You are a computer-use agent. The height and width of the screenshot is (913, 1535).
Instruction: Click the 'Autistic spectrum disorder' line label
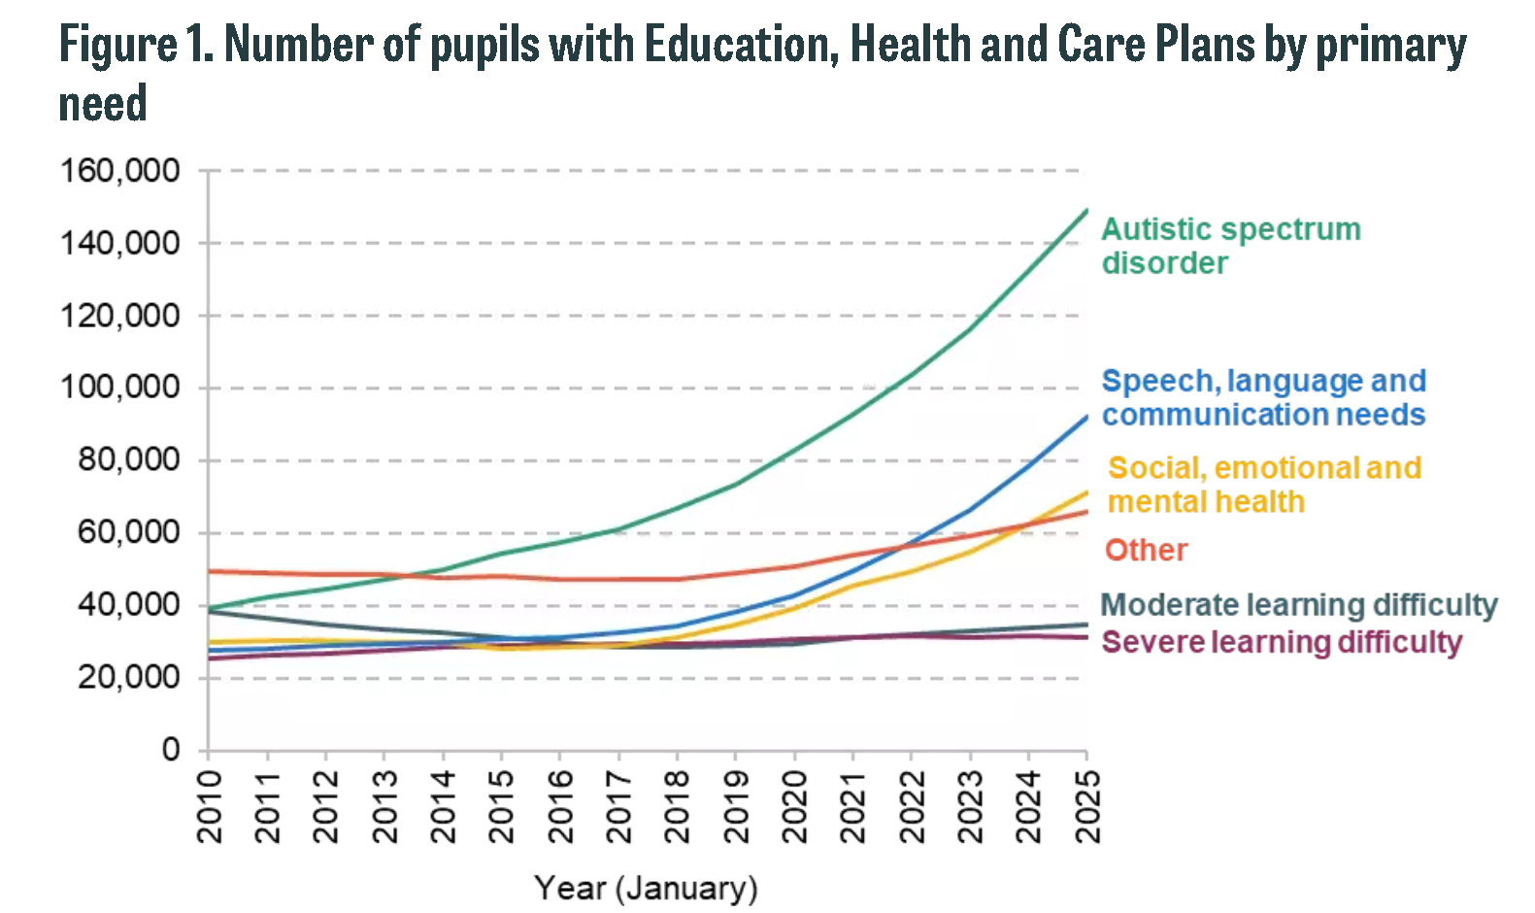point(1230,246)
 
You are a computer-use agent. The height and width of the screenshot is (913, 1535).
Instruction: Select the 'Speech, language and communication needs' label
point(1263,397)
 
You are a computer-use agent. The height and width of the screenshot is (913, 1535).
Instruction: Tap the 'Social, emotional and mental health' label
point(1264,485)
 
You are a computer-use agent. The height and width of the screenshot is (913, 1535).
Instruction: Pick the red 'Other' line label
point(1146,551)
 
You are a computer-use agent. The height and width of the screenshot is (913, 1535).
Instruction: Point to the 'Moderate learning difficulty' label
point(1299,605)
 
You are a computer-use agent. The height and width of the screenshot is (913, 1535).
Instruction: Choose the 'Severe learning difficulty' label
point(1282,642)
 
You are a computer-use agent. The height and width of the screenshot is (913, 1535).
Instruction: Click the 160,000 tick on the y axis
point(120,171)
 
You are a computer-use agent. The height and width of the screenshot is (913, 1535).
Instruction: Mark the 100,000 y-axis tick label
point(120,388)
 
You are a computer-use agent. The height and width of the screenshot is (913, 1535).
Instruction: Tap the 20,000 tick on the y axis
point(129,677)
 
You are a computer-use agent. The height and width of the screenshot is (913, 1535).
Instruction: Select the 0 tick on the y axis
point(171,749)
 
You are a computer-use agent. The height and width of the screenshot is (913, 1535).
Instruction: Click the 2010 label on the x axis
point(209,806)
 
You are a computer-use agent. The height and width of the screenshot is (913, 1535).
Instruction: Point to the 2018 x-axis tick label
point(677,806)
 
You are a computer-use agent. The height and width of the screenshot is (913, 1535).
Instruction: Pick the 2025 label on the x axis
point(1087,806)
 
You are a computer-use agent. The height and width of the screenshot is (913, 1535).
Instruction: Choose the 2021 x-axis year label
point(852,806)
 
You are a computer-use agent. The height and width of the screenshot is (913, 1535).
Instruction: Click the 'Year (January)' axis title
point(646,888)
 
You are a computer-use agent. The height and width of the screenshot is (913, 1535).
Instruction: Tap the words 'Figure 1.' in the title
point(136,45)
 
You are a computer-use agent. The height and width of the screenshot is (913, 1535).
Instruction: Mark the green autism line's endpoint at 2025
point(1086,210)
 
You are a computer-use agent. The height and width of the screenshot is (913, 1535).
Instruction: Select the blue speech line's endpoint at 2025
point(1086,417)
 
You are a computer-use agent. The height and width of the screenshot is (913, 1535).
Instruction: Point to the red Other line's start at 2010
point(209,571)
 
